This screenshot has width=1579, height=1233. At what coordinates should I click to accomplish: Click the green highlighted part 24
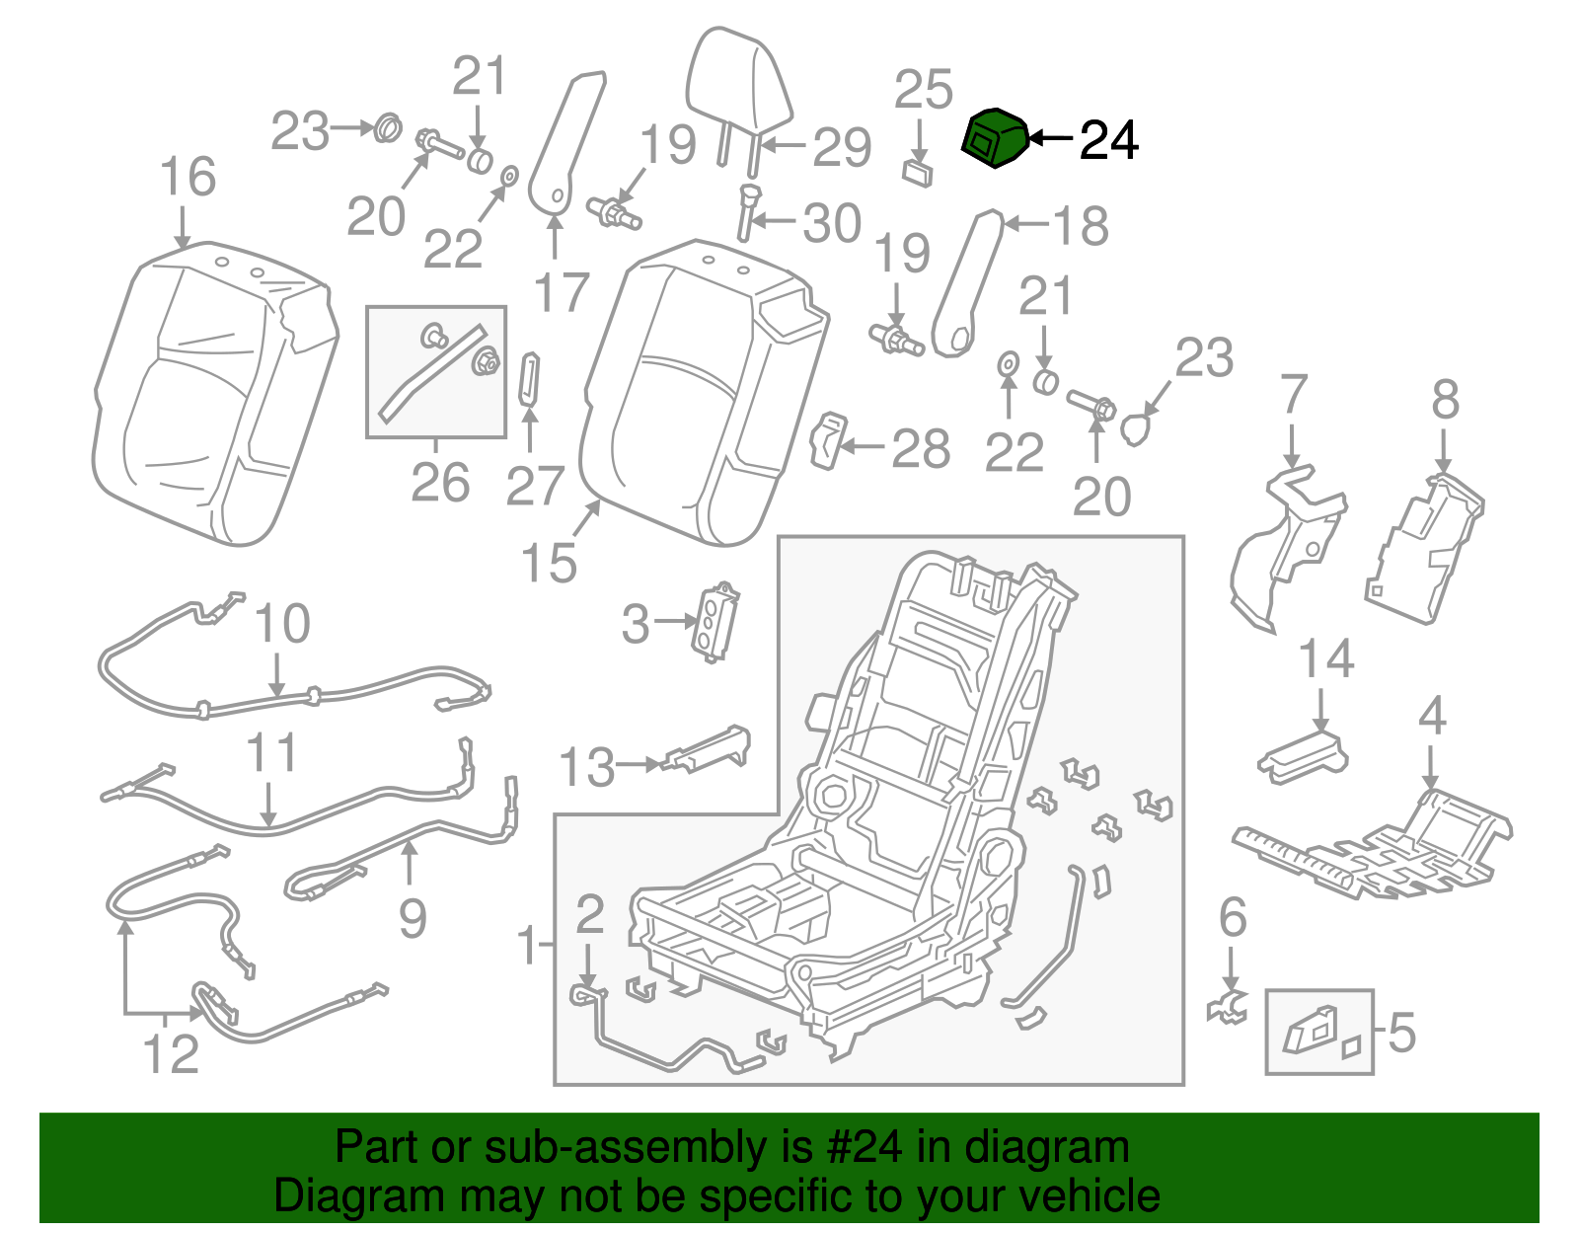(995, 139)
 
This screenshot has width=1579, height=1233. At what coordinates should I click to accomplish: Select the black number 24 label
(1109, 141)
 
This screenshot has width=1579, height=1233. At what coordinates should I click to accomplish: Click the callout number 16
(187, 178)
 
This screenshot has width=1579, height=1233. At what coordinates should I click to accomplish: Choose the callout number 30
(831, 223)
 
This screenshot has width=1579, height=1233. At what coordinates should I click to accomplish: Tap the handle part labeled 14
(1303, 754)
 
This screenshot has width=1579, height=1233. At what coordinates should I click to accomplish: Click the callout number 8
(1445, 401)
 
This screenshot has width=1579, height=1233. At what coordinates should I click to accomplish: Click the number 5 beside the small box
(1401, 1033)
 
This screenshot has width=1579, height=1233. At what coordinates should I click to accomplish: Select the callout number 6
(1233, 918)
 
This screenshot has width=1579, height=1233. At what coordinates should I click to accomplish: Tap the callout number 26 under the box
(440, 483)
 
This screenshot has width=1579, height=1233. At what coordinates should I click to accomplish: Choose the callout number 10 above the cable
(281, 624)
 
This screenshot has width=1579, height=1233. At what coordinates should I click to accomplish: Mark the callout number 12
(171, 1054)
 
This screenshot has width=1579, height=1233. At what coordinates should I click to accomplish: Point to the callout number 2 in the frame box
(589, 915)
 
